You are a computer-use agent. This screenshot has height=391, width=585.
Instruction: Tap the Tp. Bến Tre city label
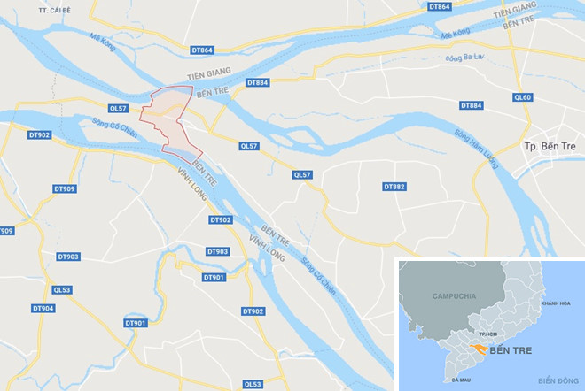click(x=550, y=144)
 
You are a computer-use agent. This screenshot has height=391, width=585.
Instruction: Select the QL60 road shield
click(x=523, y=97)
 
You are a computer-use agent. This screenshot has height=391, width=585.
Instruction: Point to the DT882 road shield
click(x=394, y=187)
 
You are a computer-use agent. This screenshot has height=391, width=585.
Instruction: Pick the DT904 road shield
click(x=43, y=308)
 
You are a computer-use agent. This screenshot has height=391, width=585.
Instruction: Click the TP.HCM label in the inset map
click(x=486, y=333)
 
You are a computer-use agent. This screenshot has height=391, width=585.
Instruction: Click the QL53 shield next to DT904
click(x=62, y=289)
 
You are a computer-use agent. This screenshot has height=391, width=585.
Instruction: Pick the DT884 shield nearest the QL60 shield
click(x=472, y=106)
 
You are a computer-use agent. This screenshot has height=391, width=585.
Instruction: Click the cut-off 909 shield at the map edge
click(x=6, y=231)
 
